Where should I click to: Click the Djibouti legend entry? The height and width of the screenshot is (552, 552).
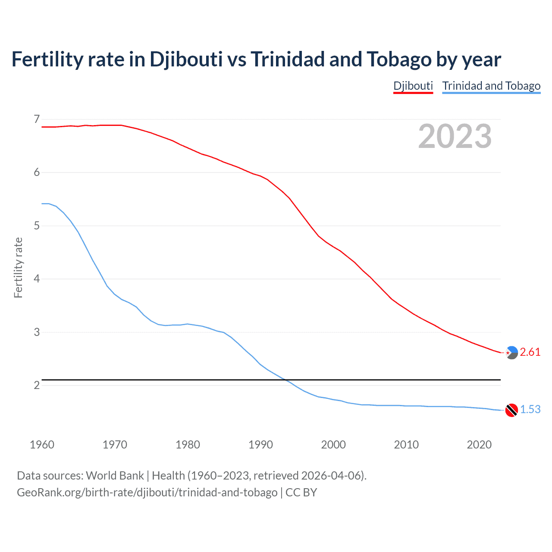(x=413, y=86)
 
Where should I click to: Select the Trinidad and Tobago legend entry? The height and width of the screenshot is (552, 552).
(x=491, y=86)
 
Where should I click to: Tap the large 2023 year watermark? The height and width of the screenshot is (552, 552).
(x=455, y=136)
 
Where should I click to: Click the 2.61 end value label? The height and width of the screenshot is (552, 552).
(x=530, y=352)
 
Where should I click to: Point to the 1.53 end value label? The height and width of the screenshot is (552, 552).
(x=530, y=409)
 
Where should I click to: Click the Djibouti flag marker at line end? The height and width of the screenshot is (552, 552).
(x=511, y=353)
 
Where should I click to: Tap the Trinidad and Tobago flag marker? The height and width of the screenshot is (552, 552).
(x=511, y=410)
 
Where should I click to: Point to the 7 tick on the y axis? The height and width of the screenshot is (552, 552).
(x=37, y=119)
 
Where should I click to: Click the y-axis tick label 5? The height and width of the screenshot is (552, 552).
(x=37, y=226)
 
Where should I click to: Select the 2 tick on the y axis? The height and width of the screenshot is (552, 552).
(x=37, y=385)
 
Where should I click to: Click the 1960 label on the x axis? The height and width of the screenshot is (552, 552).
(x=42, y=445)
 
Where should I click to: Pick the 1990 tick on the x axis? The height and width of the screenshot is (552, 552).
(x=260, y=445)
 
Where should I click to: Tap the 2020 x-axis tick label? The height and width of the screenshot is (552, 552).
(x=479, y=445)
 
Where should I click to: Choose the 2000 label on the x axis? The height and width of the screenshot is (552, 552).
(x=333, y=445)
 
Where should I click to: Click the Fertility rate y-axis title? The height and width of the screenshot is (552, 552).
(x=18, y=267)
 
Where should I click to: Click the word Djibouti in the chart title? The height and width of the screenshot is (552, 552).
(x=186, y=60)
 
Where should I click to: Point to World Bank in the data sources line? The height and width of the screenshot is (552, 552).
(x=115, y=476)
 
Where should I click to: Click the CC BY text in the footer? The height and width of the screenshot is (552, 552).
(x=301, y=492)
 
